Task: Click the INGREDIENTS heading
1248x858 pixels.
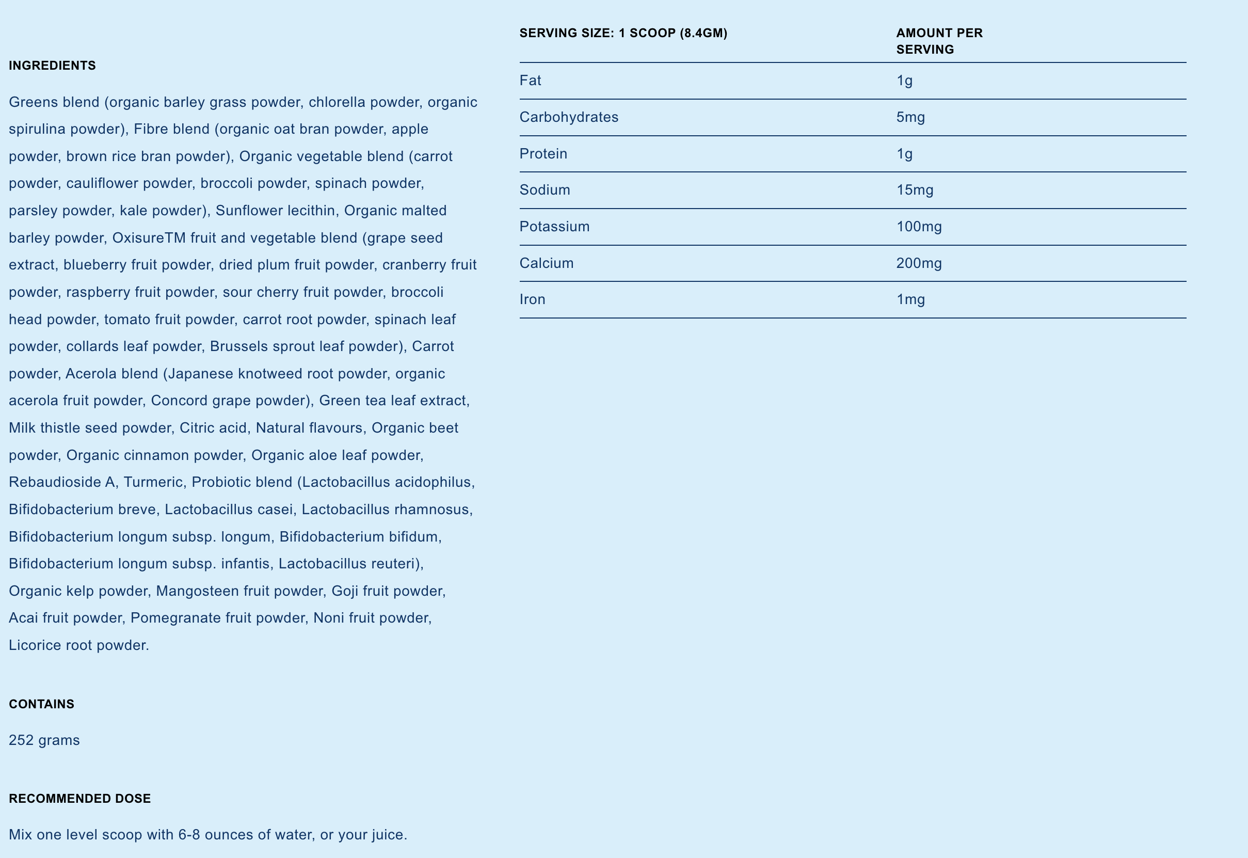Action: (52, 66)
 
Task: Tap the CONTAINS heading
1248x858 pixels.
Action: (41, 704)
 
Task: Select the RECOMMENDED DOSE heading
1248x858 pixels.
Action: (79, 798)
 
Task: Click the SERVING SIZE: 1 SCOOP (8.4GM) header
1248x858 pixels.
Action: (623, 34)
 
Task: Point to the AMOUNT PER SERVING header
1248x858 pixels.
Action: (939, 41)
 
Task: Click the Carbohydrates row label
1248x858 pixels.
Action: (569, 117)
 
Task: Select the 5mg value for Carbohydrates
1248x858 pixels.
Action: (910, 117)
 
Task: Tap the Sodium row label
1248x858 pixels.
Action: (545, 190)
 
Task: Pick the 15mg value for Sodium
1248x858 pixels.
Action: (914, 190)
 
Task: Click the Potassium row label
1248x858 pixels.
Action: (554, 226)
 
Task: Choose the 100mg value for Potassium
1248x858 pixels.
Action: (919, 226)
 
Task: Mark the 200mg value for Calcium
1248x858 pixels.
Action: (919, 263)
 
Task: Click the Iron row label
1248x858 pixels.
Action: (532, 299)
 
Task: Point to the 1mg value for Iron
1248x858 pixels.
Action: (910, 299)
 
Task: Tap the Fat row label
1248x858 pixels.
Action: (530, 81)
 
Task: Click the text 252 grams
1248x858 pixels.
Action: (44, 740)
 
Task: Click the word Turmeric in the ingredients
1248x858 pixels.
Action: (153, 482)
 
